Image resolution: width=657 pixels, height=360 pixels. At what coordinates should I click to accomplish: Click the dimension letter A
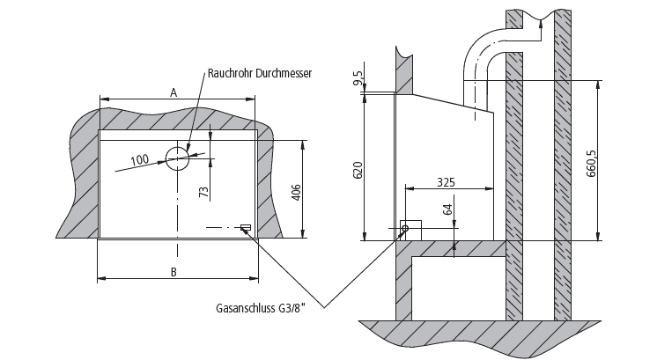[x=173, y=92]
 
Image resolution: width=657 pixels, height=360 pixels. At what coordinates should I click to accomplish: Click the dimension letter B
[x=173, y=272]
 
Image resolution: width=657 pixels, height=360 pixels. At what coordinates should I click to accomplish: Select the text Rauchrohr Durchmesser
[x=260, y=73]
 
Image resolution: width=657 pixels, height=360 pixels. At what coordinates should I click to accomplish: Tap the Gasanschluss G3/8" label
[x=261, y=308]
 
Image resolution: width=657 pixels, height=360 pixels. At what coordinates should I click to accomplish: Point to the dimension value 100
[x=139, y=159]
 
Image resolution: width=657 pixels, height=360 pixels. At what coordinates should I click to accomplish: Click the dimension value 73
[x=203, y=192]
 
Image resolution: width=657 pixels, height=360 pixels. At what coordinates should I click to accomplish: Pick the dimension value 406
[x=296, y=193]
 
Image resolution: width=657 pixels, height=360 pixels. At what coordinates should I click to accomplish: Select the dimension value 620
[x=358, y=170]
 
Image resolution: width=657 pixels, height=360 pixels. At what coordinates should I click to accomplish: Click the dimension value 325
[x=446, y=182]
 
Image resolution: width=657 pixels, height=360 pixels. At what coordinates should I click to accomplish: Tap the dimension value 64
[x=447, y=209]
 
